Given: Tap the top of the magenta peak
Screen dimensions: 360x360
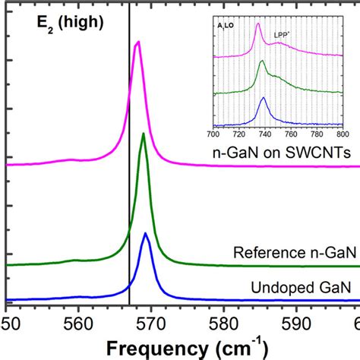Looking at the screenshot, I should (137, 43).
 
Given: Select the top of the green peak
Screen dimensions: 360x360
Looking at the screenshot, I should (144, 134).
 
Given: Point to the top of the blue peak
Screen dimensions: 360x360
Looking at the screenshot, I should (146, 233).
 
